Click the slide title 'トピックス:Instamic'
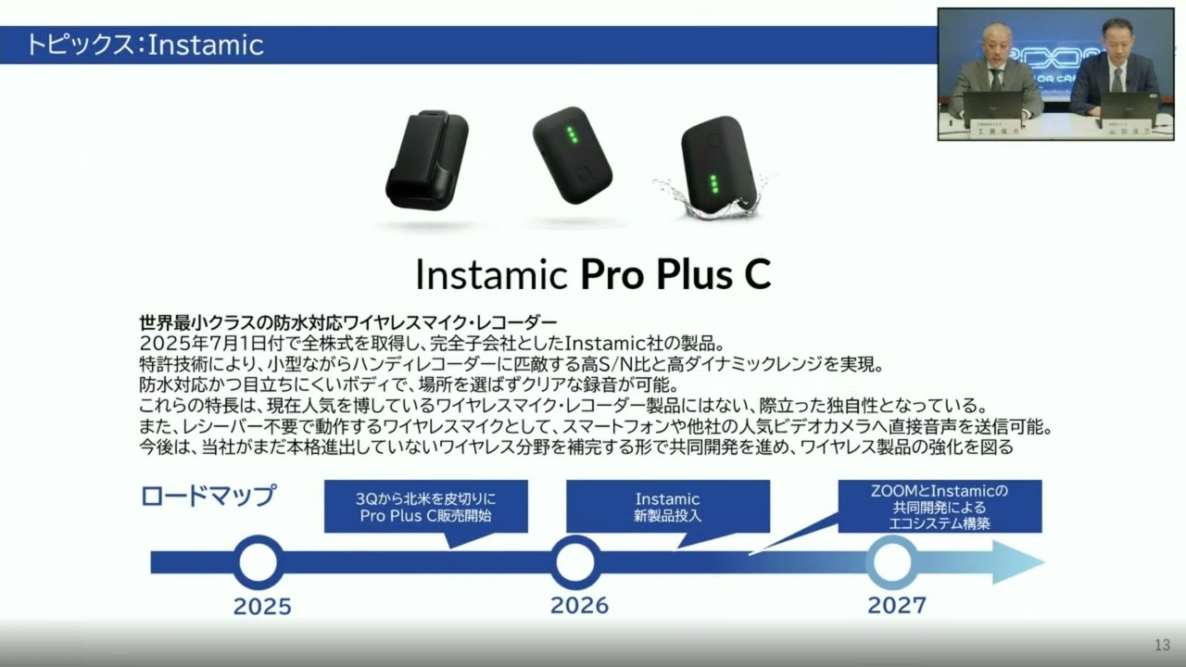point(145,44)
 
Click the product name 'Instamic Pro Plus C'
point(593,274)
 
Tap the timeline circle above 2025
point(259,562)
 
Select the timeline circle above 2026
point(575,562)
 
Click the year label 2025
point(262,607)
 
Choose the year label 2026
point(579,606)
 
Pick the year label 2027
point(896,606)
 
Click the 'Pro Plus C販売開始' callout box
point(426,507)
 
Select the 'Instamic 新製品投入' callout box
point(667,507)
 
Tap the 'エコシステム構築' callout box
point(939,506)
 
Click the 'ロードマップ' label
point(208,496)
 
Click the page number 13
point(1162,645)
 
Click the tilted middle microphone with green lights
point(572,155)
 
